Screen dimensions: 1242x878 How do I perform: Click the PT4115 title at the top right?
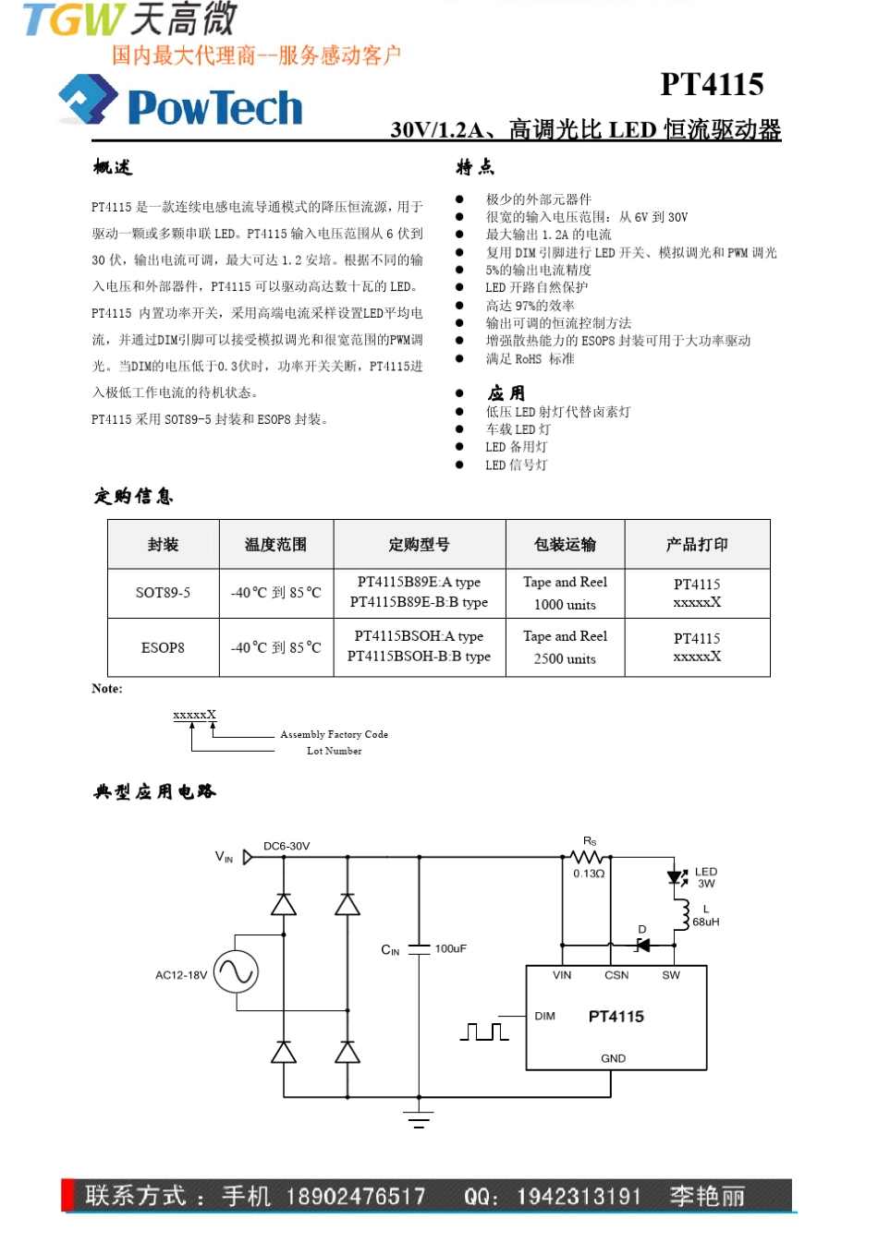tap(712, 85)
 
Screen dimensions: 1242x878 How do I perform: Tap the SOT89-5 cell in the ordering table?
tap(163, 593)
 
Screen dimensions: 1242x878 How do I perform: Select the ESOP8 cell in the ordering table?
tap(163, 647)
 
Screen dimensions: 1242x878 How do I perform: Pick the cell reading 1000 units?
tap(565, 605)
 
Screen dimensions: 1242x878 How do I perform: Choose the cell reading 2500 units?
tap(565, 658)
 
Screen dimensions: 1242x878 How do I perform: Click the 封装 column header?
tap(163, 545)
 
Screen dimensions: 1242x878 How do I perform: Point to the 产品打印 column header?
tap(697, 545)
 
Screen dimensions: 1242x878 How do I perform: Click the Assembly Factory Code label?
tap(334, 734)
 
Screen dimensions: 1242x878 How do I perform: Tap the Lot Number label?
tap(334, 751)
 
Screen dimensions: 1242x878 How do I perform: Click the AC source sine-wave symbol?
tap(236, 971)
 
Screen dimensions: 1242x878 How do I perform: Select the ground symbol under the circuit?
tap(419, 1120)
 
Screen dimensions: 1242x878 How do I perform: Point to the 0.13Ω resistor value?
tap(589, 874)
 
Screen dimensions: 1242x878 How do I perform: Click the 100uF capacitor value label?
tap(451, 948)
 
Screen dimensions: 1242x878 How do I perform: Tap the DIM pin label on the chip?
tap(545, 1016)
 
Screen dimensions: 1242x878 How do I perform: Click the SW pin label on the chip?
tap(671, 975)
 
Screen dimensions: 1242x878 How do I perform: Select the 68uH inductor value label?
tap(706, 922)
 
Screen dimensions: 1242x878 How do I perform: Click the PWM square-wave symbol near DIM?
tap(484, 1031)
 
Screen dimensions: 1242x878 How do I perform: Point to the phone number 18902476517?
tap(356, 1197)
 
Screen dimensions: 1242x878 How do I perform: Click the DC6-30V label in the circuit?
tap(287, 846)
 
